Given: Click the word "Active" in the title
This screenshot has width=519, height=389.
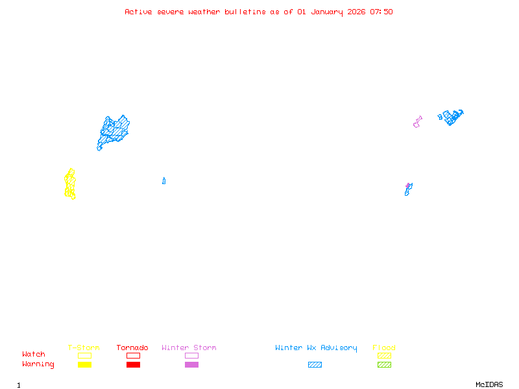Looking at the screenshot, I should point(139,12).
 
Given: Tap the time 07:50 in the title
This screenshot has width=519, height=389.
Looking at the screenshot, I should point(381,12).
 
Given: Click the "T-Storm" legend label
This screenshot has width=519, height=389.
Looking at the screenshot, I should point(84,348).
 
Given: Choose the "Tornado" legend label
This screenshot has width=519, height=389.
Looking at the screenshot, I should point(132,348).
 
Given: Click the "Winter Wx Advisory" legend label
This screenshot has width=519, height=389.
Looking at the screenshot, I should point(316,348).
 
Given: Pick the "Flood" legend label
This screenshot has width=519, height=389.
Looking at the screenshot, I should point(384,348).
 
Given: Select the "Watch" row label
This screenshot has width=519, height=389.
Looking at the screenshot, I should point(34,355).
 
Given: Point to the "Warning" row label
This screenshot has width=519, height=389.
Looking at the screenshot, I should point(38,364).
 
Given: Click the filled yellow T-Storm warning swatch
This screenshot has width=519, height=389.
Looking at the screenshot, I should point(84,365).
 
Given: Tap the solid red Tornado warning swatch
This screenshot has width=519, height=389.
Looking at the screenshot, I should point(133,365).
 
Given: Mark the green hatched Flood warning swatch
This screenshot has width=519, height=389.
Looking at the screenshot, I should point(384,365).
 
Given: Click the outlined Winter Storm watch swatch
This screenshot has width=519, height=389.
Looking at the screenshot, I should point(191,355).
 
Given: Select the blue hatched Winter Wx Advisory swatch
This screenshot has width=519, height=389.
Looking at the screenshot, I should point(315,365).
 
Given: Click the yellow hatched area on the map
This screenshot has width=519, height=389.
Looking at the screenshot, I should point(70,184).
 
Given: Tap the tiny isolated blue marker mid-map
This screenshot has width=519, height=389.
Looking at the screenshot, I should point(163,181).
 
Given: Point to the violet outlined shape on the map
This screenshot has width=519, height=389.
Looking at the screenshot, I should point(417,122).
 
